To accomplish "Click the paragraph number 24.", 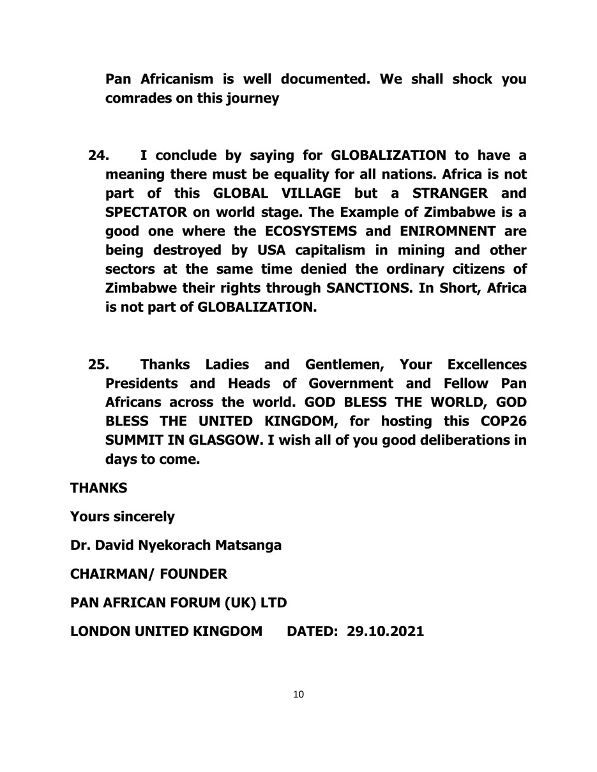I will [x=98, y=156].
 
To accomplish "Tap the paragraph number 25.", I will [x=98, y=365].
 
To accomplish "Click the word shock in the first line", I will [x=472, y=80].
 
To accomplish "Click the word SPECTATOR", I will [x=146, y=212].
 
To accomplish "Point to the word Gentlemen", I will [x=344, y=365].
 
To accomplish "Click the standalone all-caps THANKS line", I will [x=98, y=488].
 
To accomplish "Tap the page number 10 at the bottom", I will [x=298, y=695].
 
